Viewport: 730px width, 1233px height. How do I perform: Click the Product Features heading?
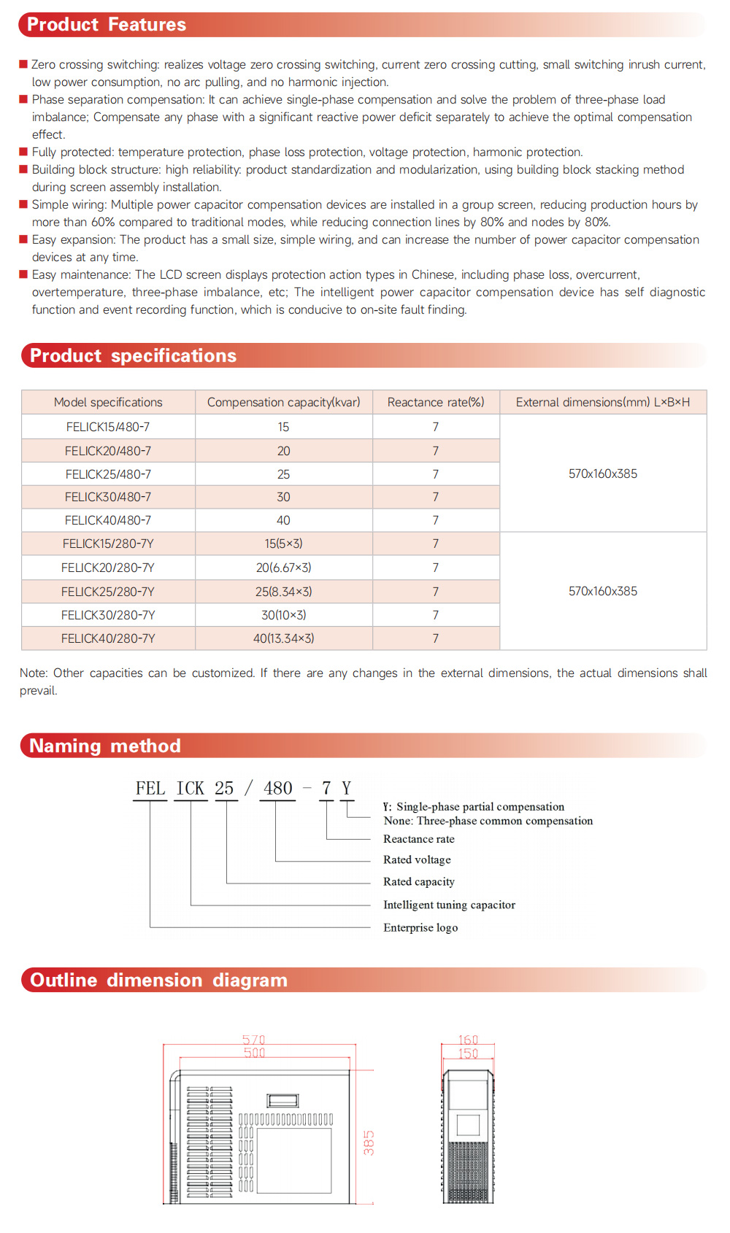[x=107, y=25]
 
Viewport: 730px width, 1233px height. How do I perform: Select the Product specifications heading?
[x=133, y=356]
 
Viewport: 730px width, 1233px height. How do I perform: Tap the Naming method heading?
[x=104, y=746]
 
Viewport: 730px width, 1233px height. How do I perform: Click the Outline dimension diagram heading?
[x=158, y=980]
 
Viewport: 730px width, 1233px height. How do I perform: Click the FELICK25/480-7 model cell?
[x=108, y=474]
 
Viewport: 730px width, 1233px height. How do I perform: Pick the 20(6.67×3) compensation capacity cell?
[x=283, y=568]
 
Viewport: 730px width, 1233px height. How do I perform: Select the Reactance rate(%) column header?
[x=436, y=402]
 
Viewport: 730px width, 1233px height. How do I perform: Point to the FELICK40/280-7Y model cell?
[x=108, y=638]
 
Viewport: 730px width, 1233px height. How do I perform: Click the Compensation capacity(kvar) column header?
[x=283, y=402]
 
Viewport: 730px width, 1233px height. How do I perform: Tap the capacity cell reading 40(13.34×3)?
[x=283, y=638]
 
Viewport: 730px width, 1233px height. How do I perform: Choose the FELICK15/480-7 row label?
[x=108, y=427]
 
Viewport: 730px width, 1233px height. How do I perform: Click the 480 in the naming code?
[x=278, y=789]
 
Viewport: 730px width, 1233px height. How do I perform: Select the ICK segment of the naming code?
[x=191, y=789]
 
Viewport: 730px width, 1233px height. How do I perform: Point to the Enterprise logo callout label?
[x=420, y=928]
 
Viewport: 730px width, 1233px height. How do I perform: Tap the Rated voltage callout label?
[x=417, y=860]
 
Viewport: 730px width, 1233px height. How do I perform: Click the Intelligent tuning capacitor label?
[x=449, y=905]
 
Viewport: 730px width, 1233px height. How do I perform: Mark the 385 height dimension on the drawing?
[x=369, y=1143]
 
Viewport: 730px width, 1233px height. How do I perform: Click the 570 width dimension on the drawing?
[x=254, y=1040]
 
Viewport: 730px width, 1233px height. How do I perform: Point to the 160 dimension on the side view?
[x=468, y=1040]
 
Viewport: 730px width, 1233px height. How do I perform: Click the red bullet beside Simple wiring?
[x=23, y=204]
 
